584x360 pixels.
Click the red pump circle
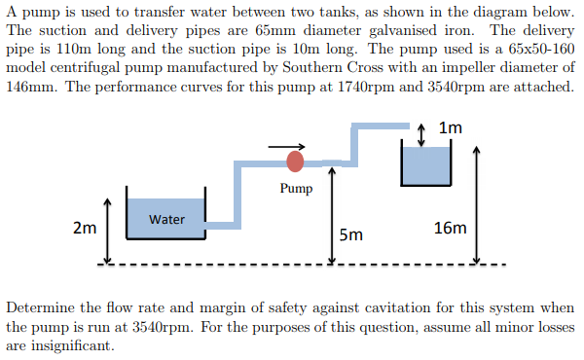(295, 161)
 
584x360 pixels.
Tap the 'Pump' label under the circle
(295, 188)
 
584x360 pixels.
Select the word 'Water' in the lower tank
(166, 219)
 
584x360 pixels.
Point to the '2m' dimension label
(85, 229)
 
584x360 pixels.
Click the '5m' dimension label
(351, 234)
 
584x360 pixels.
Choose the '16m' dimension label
(451, 229)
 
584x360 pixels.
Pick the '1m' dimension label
(451, 128)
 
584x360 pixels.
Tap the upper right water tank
(426, 165)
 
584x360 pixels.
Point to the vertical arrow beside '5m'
(333, 214)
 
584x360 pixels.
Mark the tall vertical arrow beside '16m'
(476, 205)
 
